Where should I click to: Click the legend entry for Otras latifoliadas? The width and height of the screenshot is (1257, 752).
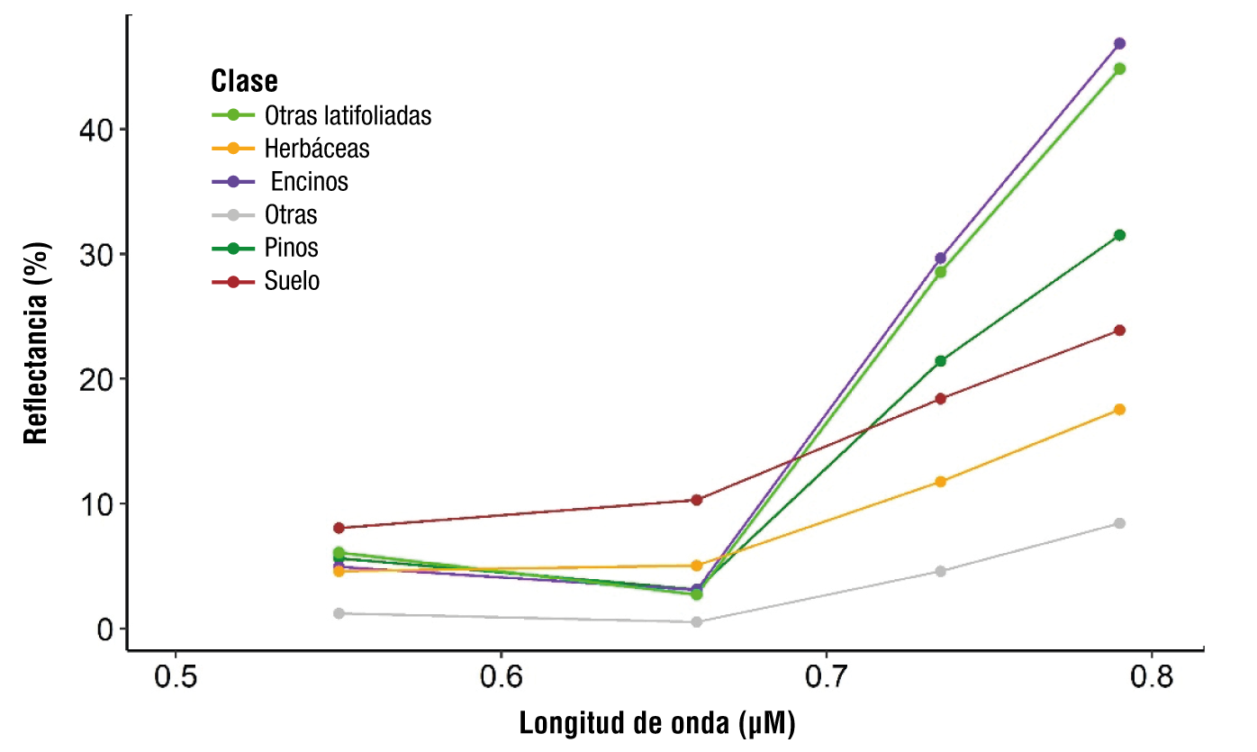click(x=348, y=115)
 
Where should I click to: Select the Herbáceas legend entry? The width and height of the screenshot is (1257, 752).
click(x=317, y=149)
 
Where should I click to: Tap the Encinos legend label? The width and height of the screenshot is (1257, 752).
click(x=309, y=182)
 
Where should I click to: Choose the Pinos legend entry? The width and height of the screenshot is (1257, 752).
click(x=292, y=248)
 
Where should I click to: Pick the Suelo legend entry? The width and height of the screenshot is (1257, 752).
click(x=293, y=281)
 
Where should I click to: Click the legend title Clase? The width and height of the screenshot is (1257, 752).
click(x=244, y=82)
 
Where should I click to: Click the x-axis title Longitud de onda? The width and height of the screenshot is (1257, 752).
click(x=657, y=723)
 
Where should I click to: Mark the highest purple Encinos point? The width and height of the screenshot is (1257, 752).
click(x=1119, y=43)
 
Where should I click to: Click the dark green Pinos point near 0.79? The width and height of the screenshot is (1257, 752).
click(x=1119, y=235)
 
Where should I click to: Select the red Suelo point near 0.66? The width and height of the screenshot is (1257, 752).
click(x=696, y=500)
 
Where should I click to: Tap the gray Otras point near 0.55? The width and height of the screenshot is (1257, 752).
click(x=339, y=613)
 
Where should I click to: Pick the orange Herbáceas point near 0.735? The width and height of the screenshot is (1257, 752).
click(x=941, y=482)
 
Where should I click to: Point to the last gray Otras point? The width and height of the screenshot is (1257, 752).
click(x=1119, y=523)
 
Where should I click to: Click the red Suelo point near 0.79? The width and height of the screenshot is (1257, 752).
click(x=1119, y=331)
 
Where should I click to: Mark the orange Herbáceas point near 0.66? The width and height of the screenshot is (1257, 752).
click(x=696, y=566)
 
